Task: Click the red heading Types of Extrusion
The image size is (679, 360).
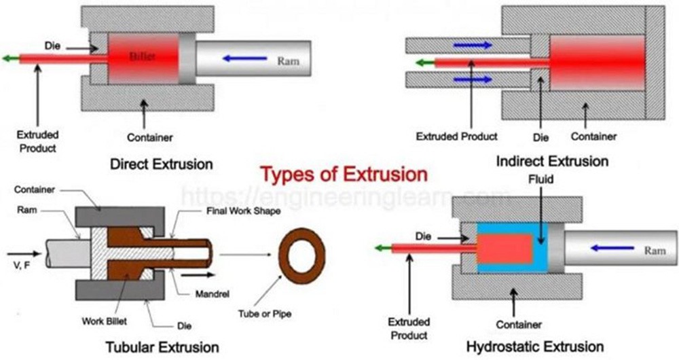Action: [344, 175]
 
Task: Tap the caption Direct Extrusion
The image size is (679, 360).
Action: [162, 164]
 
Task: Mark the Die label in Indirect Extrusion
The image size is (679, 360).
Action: [540, 137]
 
